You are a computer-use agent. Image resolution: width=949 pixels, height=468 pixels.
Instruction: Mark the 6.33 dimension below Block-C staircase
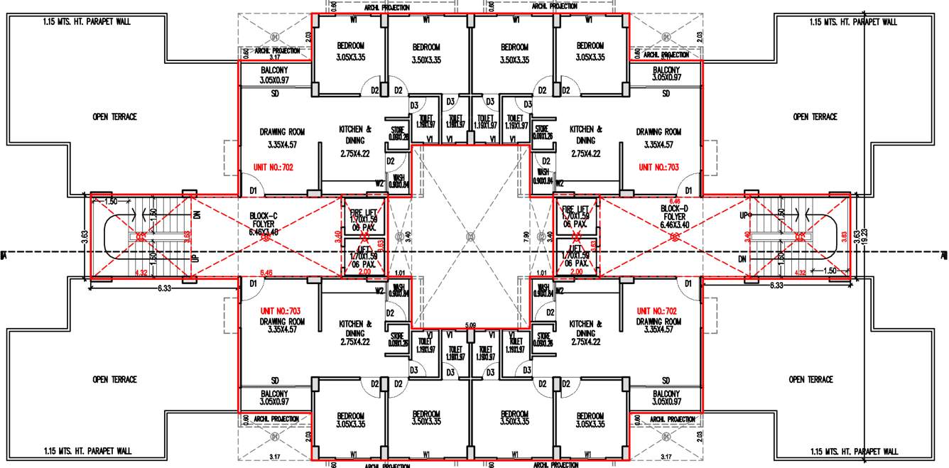click(164, 287)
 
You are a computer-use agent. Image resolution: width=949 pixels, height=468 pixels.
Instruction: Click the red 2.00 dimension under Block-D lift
click(577, 272)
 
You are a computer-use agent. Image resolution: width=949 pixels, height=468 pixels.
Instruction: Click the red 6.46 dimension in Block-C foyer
click(267, 272)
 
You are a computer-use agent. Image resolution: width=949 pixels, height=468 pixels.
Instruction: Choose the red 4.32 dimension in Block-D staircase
click(801, 272)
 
